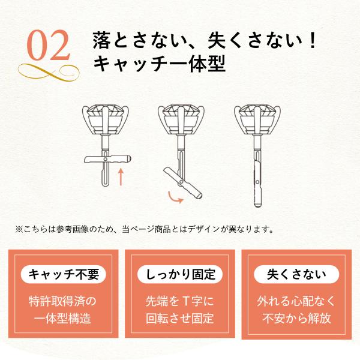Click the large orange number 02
point(48,46)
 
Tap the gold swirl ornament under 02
point(49,73)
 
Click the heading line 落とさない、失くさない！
point(205,41)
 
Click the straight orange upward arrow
point(121,177)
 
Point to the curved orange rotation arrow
point(175,198)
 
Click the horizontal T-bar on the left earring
point(107,159)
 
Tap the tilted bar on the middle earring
point(183,182)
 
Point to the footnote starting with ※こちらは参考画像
point(145,229)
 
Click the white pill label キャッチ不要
point(64,274)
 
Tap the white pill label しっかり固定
point(180,274)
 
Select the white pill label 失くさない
point(296,274)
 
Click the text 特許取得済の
point(62,301)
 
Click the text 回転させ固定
point(180,318)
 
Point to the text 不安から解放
point(296,318)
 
